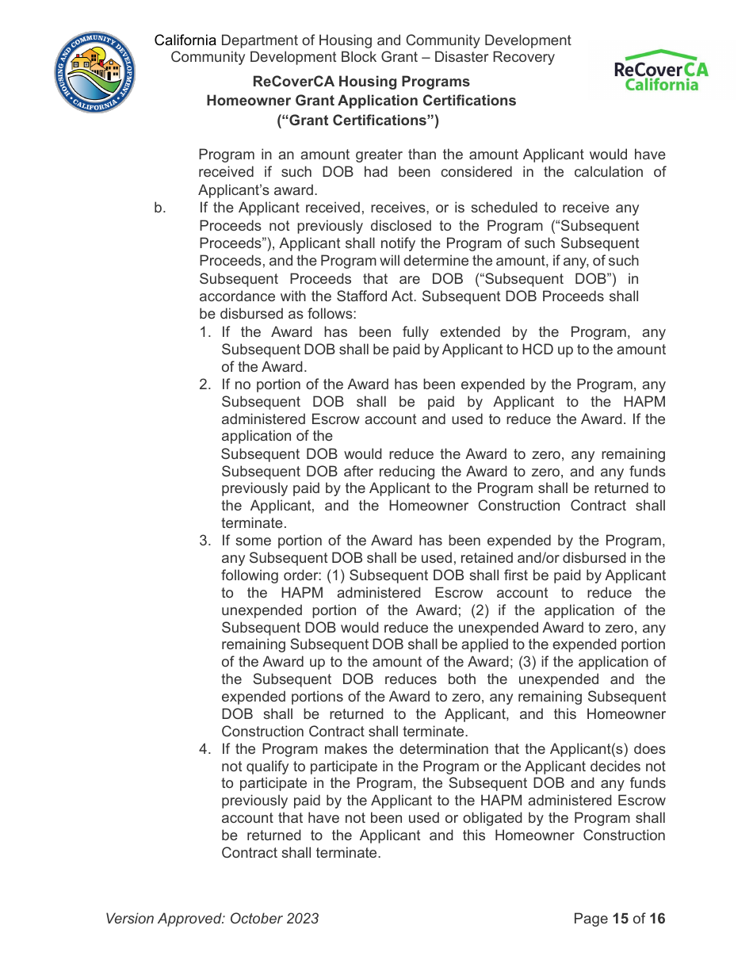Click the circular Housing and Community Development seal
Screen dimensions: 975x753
[95, 73]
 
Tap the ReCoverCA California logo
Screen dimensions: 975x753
[661, 71]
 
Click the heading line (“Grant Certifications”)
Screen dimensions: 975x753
[357, 120]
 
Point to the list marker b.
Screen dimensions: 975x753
[160, 208]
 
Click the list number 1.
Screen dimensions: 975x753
[204, 332]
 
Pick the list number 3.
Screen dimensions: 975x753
[204, 541]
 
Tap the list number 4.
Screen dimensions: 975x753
[204, 749]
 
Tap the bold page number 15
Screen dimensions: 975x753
[620, 919]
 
